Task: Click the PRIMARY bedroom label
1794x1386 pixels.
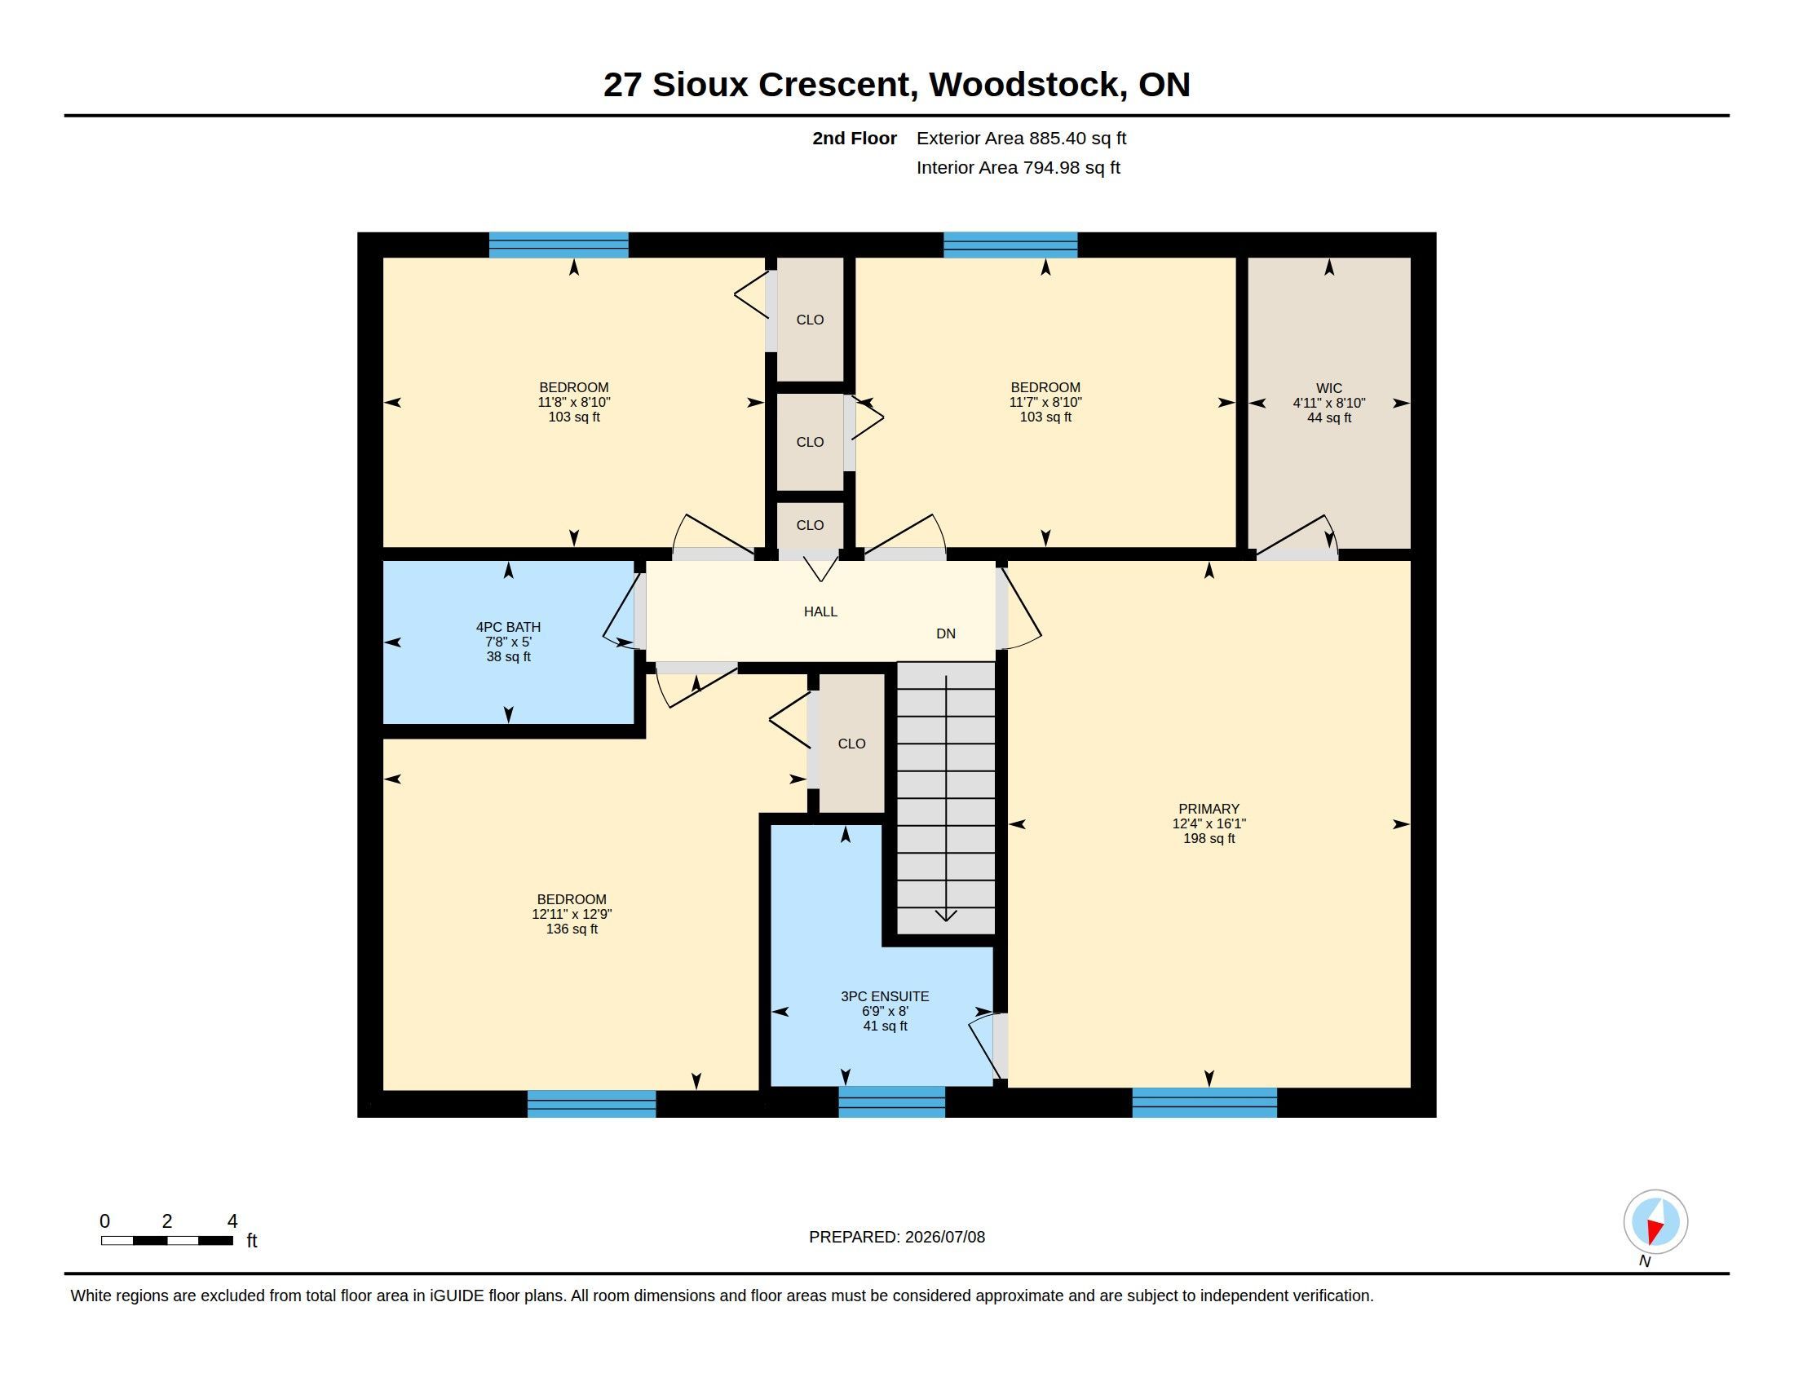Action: click(x=1209, y=809)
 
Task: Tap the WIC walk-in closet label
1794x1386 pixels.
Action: click(x=1329, y=388)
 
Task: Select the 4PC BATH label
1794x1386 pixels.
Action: click(x=509, y=627)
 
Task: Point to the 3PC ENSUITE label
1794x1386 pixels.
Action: click(x=885, y=997)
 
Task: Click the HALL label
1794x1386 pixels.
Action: click(x=820, y=611)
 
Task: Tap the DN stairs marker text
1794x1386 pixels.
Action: click(x=945, y=633)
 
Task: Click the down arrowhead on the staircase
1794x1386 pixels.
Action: click(x=946, y=916)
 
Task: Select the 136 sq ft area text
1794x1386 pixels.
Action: click(x=572, y=929)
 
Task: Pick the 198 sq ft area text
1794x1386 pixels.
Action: click(x=1209, y=838)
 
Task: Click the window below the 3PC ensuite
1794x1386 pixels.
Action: click(x=891, y=1102)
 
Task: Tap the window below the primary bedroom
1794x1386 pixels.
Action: click(x=1204, y=1102)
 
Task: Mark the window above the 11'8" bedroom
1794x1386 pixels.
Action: click(x=559, y=245)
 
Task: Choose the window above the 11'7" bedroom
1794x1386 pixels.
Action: click(x=1010, y=245)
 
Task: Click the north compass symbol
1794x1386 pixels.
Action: click(x=1655, y=1222)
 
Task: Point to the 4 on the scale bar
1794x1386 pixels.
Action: click(x=232, y=1221)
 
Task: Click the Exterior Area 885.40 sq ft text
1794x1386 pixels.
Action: click(x=1021, y=138)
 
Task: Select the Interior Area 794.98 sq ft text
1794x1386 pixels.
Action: click(x=1018, y=167)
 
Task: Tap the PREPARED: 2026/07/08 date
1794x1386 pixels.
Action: click(x=897, y=1237)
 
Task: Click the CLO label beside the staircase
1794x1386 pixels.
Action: click(x=851, y=744)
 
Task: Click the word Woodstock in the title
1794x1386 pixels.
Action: click(x=1027, y=85)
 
